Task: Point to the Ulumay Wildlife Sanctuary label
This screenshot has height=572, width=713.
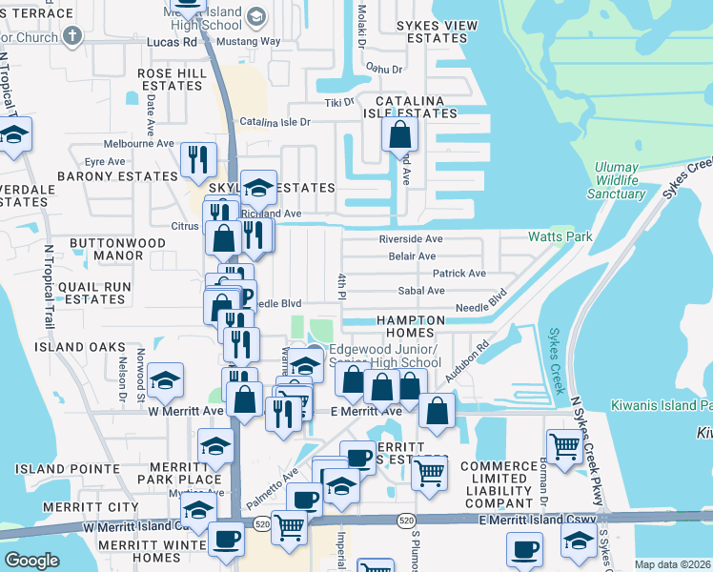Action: [617, 180]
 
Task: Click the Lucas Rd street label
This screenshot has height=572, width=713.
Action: [172, 42]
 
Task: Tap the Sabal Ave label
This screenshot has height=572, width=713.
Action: [422, 290]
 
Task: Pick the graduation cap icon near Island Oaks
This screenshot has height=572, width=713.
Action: [166, 382]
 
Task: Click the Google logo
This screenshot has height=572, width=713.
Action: [31, 560]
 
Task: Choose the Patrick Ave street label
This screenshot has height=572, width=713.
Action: [459, 273]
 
